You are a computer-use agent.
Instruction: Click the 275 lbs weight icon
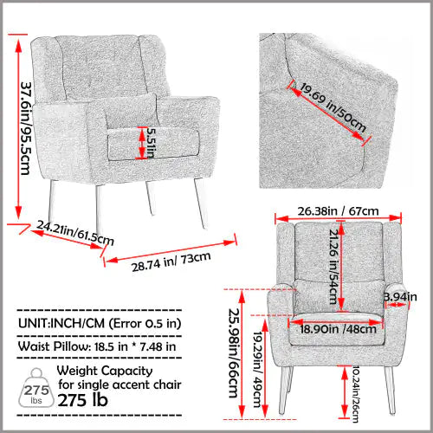tap(34, 384)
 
